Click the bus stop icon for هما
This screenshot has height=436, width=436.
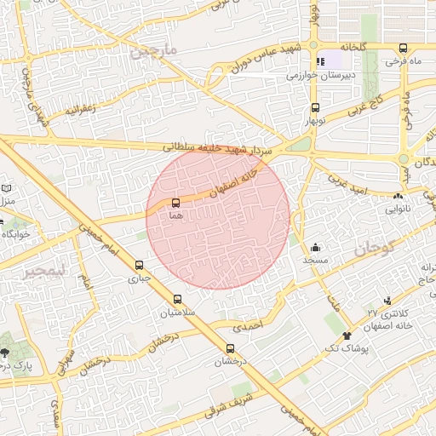click(176, 203)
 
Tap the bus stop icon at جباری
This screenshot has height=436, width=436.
click(140, 265)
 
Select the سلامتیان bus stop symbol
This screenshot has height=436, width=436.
click(177, 299)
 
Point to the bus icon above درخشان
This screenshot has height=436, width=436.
click(230, 348)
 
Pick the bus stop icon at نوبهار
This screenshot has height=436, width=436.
click(316, 107)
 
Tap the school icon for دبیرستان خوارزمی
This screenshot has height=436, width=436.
click(321, 62)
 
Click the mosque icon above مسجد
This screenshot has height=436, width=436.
click(316, 246)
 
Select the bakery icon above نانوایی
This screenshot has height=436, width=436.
click(399, 196)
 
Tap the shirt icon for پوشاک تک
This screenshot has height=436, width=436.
click(347, 336)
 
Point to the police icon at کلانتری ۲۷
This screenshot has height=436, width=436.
click(388, 300)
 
